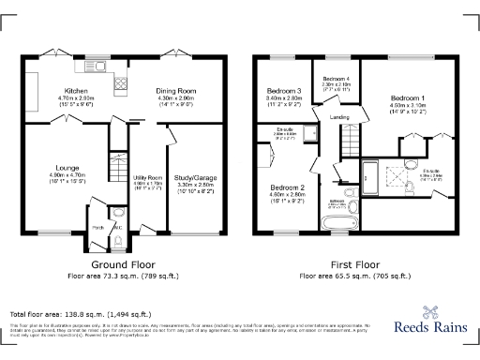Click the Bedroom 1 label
pyautogui.click(x=408, y=97)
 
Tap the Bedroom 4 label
pyautogui.click(x=337, y=79)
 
